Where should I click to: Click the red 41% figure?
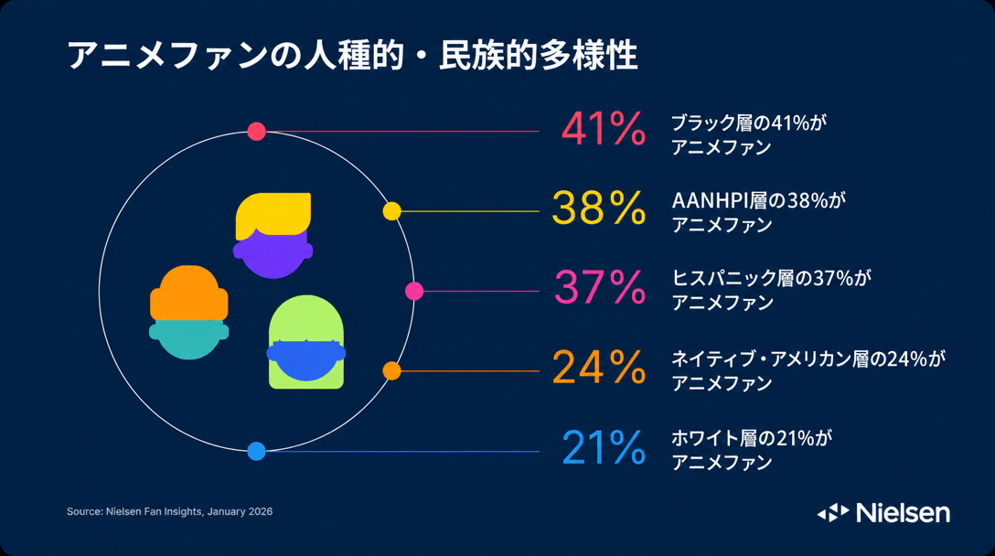tap(604, 130)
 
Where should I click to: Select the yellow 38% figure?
tap(599, 208)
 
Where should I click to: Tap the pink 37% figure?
tap(600, 287)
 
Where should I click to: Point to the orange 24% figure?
tap(599, 367)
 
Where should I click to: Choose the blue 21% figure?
tap(604, 447)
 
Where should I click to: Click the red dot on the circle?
tap(256, 132)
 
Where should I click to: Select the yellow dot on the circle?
tap(392, 211)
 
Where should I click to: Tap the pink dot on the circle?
tap(414, 292)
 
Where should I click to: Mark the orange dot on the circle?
tap(392, 371)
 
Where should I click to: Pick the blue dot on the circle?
tap(256, 451)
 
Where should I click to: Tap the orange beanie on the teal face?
tap(189, 293)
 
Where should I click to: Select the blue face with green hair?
tap(305, 358)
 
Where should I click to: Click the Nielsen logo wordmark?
tap(903, 513)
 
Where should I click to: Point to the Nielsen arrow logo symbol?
tap(833, 513)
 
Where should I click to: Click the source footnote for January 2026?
tap(169, 511)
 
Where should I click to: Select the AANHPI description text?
tap(759, 213)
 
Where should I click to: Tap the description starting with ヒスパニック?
tap(772, 290)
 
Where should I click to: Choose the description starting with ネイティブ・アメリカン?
tap(808, 370)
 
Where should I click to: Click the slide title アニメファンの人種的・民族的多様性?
tap(352, 55)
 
